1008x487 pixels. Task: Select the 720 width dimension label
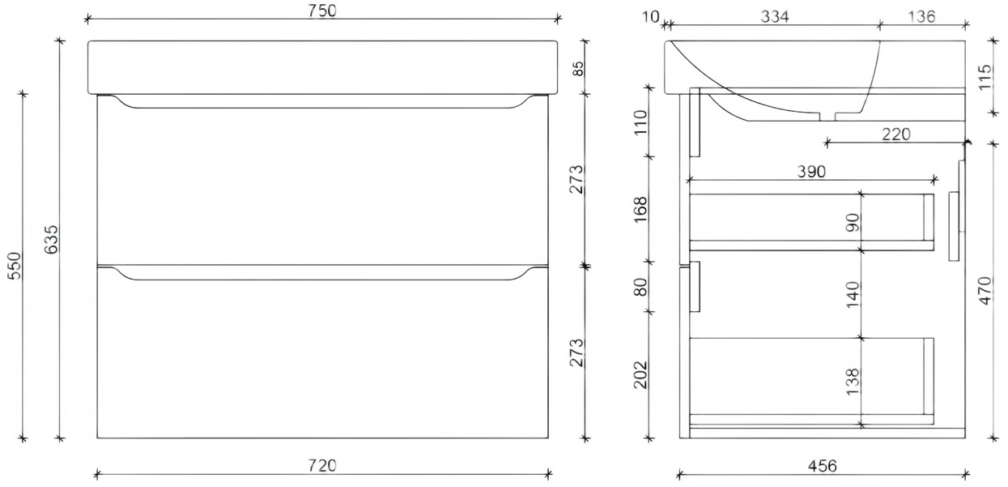pyautogui.click(x=322, y=465)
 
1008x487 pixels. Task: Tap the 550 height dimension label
pyautogui.click(x=15, y=265)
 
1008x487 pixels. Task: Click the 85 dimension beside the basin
pyautogui.click(x=578, y=67)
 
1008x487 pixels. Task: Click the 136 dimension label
pyautogui.click(x=921, y=16)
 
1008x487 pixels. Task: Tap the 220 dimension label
pyautogui.click(x=896, y=134)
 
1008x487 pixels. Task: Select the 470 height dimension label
pyautogui.click(x=985, y=289)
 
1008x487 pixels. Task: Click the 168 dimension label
pyautogui.click(x=641, y=210)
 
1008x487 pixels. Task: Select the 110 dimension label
pyautogui.click(x=641, y=123)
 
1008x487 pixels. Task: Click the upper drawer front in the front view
pyautogui.click(x=322, y=186)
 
